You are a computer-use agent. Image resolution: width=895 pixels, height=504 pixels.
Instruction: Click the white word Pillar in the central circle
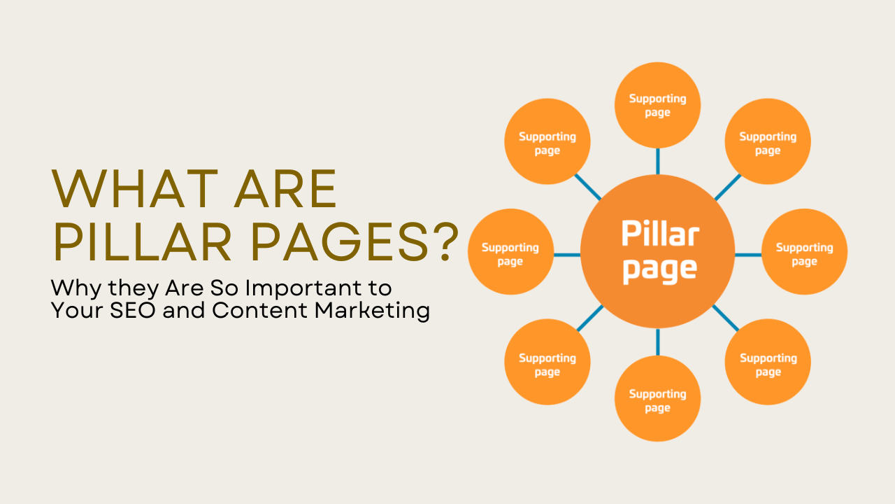660,233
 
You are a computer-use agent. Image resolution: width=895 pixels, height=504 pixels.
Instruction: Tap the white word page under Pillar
659,269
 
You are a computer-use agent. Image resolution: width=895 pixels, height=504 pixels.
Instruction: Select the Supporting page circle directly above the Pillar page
657,105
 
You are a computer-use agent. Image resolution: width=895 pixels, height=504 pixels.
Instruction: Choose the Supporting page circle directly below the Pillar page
657,399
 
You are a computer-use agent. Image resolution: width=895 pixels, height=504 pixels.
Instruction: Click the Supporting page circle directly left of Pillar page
510,253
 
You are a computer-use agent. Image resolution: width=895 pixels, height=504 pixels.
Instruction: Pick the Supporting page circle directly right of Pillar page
804,253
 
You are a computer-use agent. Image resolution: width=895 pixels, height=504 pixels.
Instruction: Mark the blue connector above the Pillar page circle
657,162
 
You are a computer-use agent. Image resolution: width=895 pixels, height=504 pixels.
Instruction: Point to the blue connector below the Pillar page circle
657,342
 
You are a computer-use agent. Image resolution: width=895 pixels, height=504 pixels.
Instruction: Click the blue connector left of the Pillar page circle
567,254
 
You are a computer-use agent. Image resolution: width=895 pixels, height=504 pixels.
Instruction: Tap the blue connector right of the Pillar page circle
747,254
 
